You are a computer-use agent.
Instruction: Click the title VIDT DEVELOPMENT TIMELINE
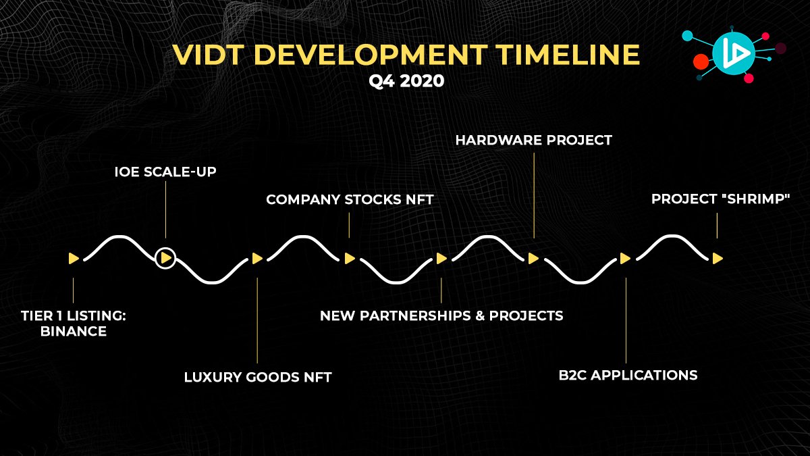tap(405, 55)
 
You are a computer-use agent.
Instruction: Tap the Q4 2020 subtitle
tap(406, 81)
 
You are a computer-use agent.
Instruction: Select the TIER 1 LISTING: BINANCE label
tap(64, 324)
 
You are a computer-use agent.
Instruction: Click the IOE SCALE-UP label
tap(165, 172)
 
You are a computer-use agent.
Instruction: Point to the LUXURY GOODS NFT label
tap(258, 377)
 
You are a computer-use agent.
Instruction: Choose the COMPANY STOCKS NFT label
tap(350, 199)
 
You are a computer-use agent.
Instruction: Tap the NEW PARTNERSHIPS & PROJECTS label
tap(441, 315)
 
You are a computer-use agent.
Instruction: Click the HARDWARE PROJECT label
tap(533, 140)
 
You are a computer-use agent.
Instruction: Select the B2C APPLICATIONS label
tap(628, 375)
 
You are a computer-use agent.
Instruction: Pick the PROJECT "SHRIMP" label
tap(721, 199)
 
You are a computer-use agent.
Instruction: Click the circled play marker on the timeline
tap(165, 258)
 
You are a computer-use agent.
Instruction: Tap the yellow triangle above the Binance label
tap(74, 258)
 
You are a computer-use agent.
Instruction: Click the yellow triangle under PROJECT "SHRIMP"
tap(718, 258)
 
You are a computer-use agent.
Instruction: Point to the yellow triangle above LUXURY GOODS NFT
tap(257, 258)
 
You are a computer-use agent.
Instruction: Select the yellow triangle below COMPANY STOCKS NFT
tap(350, 258)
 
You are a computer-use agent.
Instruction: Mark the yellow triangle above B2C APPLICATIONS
tap(625, 258)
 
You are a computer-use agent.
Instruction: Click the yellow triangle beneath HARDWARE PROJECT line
tap(533, 258)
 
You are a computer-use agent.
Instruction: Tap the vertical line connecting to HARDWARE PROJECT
tap(533, 196)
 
